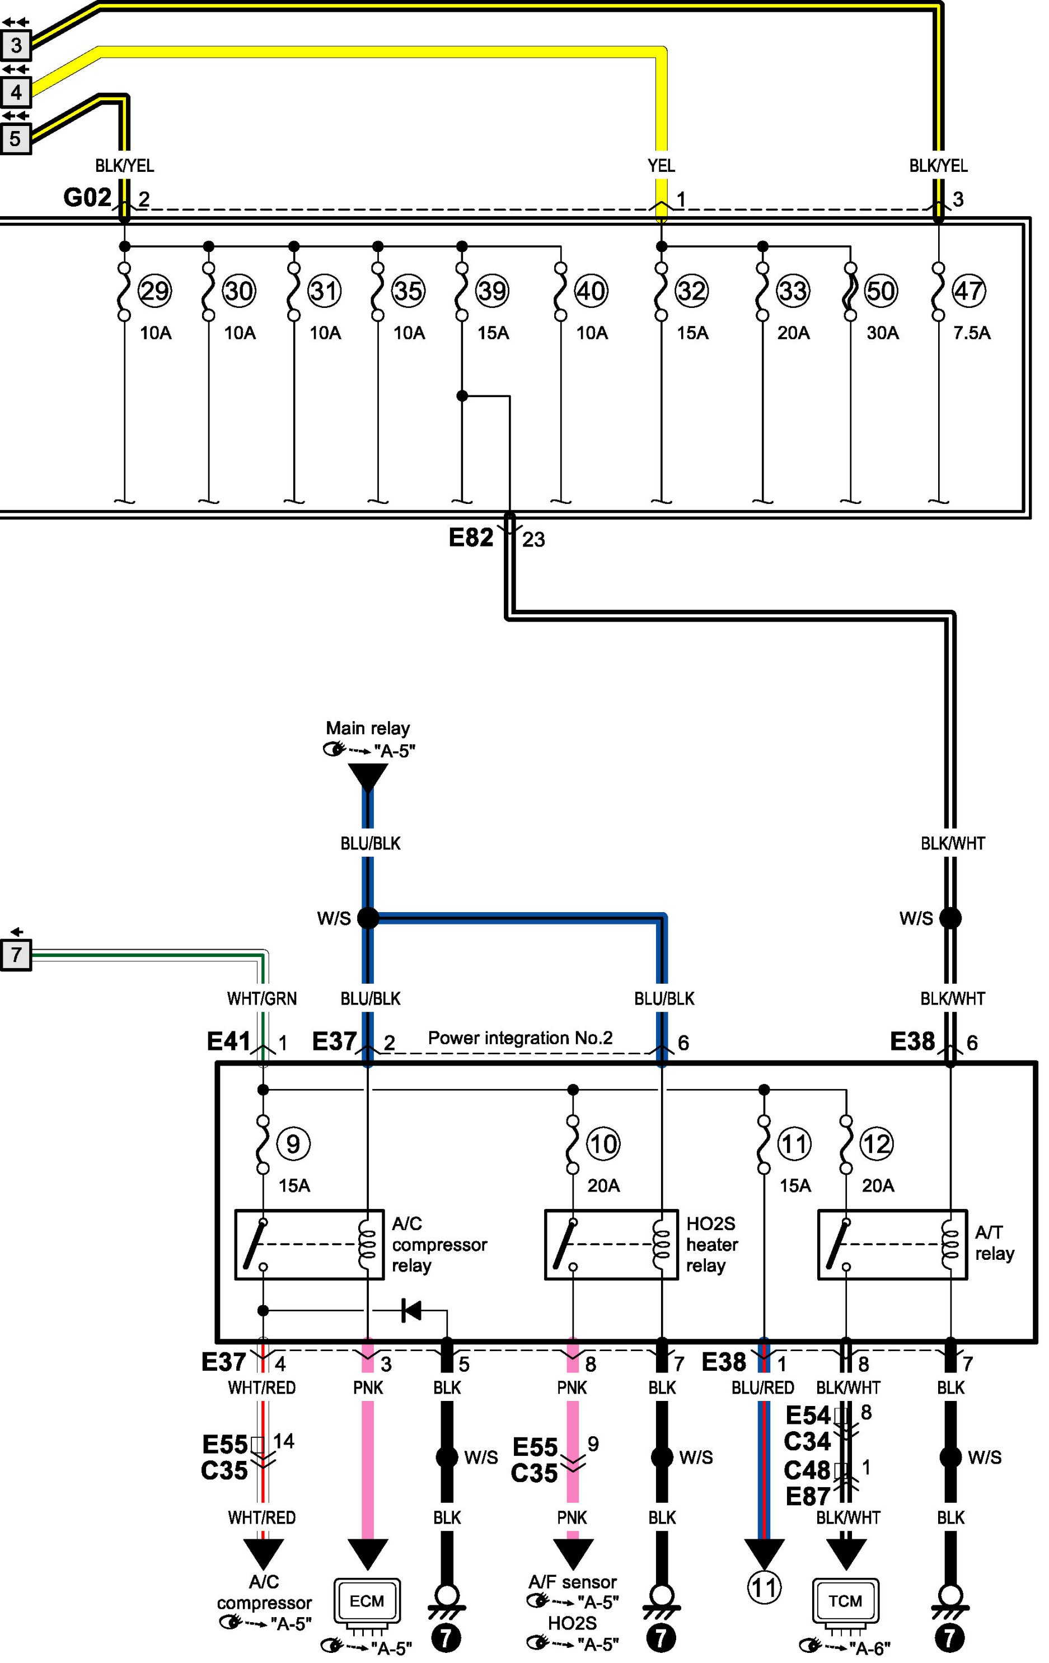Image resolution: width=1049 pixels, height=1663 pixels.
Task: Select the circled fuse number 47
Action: pos(968,291)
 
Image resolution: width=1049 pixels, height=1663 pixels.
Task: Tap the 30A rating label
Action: pos(883,333)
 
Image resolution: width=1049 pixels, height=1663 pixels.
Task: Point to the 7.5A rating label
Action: pos(972,333)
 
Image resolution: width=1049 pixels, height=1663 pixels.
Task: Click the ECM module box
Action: pos(367,1600)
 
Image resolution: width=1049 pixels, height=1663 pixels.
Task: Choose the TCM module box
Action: pos(845,1600)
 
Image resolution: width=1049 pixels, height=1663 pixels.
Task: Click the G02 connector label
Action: pos(87,198)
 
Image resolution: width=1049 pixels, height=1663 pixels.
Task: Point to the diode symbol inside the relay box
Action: pos(411,1310)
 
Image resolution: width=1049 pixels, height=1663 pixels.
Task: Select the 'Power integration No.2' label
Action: pos(520,1038)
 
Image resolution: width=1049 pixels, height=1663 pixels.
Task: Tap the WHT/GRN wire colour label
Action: pos(262,998)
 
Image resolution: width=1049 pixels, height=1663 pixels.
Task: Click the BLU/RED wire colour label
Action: pos(762,1388)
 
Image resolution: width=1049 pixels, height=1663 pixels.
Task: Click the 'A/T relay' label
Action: pos(995,1242)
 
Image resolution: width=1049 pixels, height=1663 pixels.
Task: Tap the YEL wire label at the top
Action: pos(661,166)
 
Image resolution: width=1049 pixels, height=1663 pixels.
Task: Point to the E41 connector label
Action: pos(228,1041)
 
